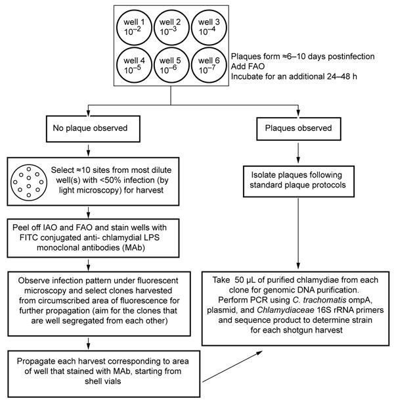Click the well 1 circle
[117, 28]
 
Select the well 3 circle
[192, 28]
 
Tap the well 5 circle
[154, 65]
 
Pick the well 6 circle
[192, 65]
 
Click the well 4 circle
[117, 65]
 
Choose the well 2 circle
[154, 28]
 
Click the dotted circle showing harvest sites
[11, 183]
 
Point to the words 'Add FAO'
[248, 66]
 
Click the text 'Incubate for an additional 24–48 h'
[294, 76]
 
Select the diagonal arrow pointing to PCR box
[232, 366]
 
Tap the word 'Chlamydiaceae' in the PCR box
[286, 310]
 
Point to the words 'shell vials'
[102, 381]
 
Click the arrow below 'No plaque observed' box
[88, 151]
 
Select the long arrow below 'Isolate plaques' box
[298, 233]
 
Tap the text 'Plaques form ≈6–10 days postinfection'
[303, 57]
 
